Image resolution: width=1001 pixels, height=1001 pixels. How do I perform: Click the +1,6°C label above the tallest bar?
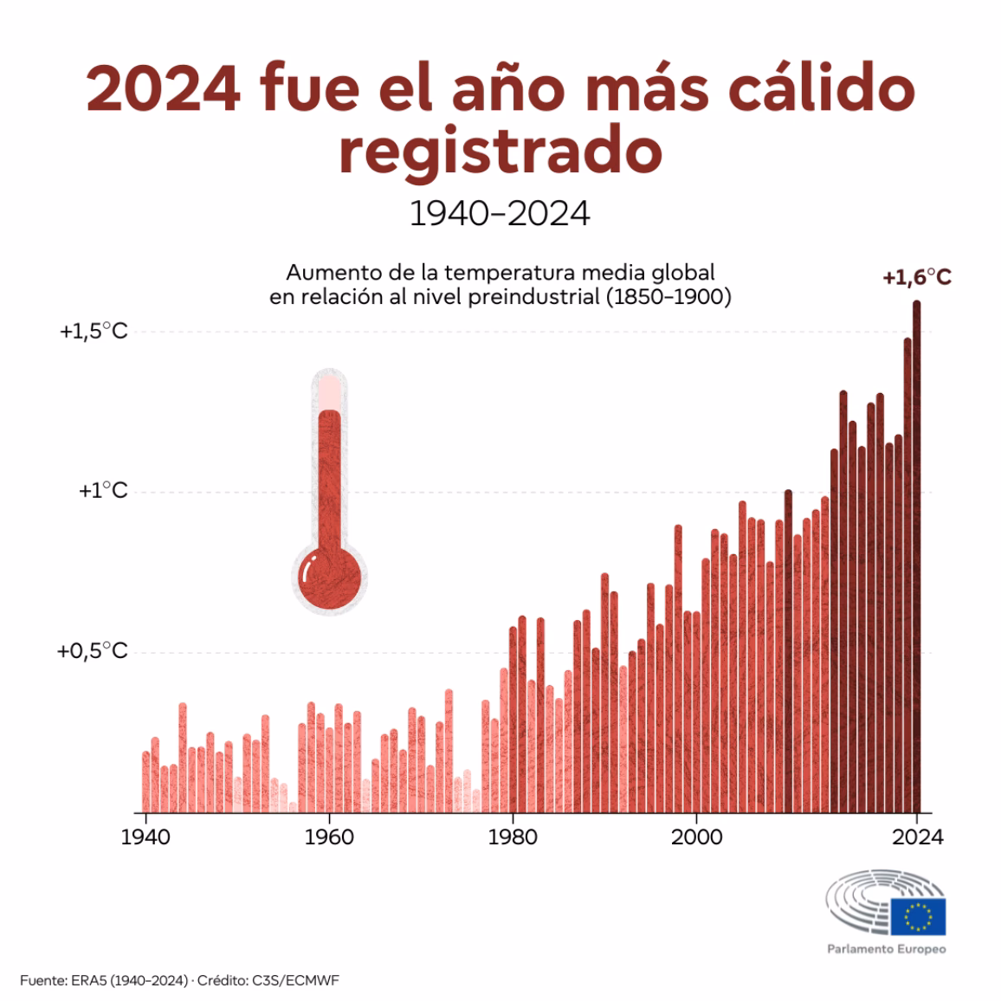[x=916, y=278]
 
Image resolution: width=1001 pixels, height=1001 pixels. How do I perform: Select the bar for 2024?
[x=916, y=554]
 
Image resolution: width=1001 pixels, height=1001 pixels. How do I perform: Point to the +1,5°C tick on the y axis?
[x=93, y=332]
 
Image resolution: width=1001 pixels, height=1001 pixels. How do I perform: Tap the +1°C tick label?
[x=102, y=491]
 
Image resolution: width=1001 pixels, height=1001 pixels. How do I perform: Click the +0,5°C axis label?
[x=92, y=651]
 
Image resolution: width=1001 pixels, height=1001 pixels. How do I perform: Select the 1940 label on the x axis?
[x=145, y=837]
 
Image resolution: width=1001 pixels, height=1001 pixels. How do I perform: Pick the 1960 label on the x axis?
[x=329, y=837]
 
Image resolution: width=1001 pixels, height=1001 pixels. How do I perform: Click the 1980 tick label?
[x=513, y=837]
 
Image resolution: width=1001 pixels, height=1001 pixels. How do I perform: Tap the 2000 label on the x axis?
[x=697, y=837]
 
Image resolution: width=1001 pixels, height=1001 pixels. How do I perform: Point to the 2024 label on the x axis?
[x=917, y=837]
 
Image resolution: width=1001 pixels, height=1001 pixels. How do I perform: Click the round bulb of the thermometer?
[x=329, y=578]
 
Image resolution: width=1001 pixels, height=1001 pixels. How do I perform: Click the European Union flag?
[x=917, y=917]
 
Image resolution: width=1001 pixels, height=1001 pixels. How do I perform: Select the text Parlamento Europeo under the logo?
[x=886, y=949]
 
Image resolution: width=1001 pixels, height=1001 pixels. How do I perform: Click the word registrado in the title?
[x=500, y=151]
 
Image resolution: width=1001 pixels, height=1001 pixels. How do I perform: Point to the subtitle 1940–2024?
[x=500, y=213]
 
